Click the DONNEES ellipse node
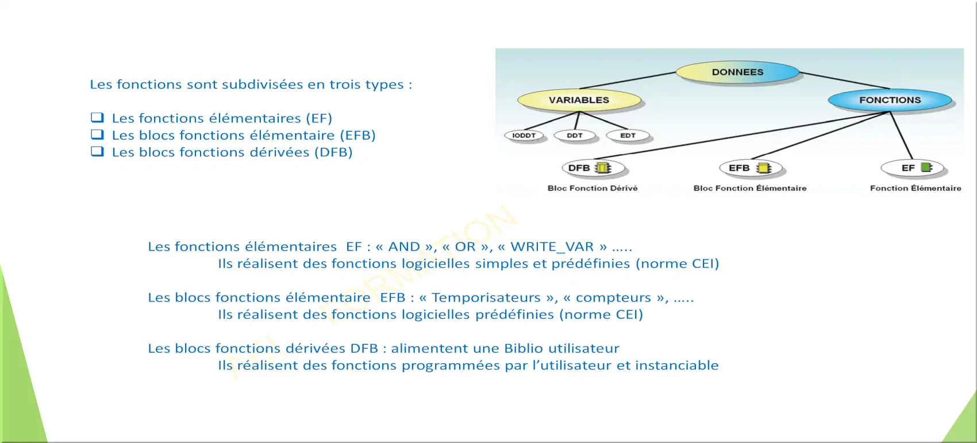737,72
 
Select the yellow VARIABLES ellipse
579,100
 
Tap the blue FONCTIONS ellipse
890,100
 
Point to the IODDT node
524,136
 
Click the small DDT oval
575,136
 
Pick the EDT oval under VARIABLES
628,136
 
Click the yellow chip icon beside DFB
603,168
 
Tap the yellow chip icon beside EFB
764,168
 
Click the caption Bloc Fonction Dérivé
593,188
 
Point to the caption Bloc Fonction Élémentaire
750,188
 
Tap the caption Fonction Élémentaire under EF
916,188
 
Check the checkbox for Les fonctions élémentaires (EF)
97,117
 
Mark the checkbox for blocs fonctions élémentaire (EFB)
97,134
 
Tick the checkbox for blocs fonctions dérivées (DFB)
97,151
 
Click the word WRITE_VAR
552,247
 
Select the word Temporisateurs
486,298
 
